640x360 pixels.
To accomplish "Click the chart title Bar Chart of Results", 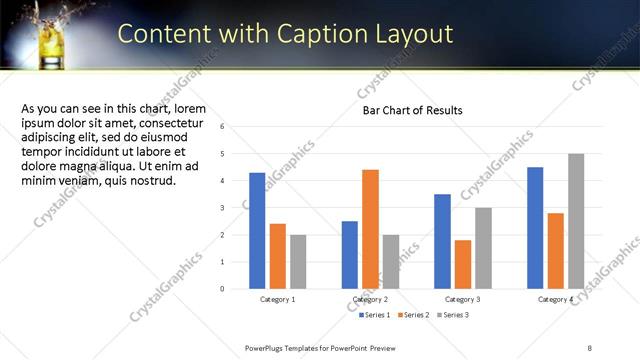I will (412, 110).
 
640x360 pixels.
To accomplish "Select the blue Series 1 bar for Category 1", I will (257, 230).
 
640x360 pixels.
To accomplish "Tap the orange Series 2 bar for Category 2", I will (370, 229).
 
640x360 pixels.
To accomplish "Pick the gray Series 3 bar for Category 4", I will (576, 221).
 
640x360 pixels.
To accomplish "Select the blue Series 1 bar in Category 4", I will (535, 227).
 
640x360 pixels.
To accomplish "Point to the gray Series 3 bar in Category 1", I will (299, 261).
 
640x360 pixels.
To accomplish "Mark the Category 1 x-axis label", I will (278, 300).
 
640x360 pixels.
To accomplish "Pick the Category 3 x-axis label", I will (462, 300).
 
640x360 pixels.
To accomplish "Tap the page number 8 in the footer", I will (590, 347).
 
